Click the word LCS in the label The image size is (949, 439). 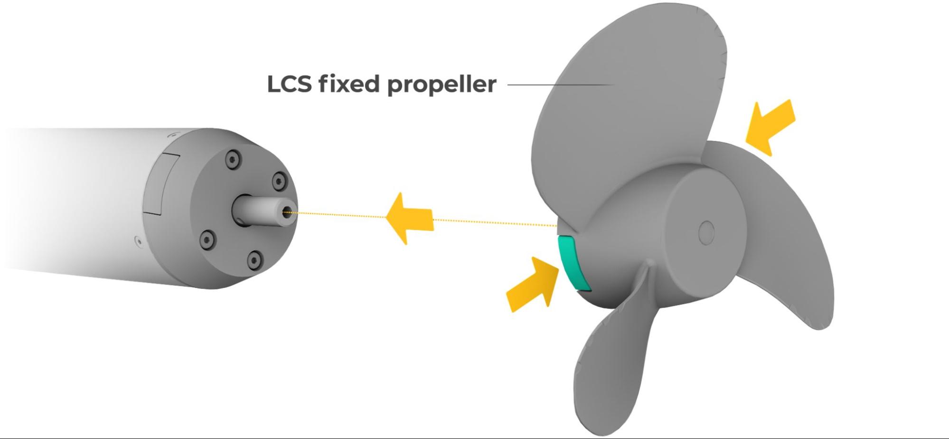[x=290, y=84]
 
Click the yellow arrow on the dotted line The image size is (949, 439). [x=409, y=219]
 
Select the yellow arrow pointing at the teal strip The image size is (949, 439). [x=531, y=284]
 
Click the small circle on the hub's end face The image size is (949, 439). [x=706, y=232]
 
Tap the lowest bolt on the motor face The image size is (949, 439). [x=255, y=259]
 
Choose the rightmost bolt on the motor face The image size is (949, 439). [x=277, y=181]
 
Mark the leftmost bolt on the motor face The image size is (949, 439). [x=206, y=238]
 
